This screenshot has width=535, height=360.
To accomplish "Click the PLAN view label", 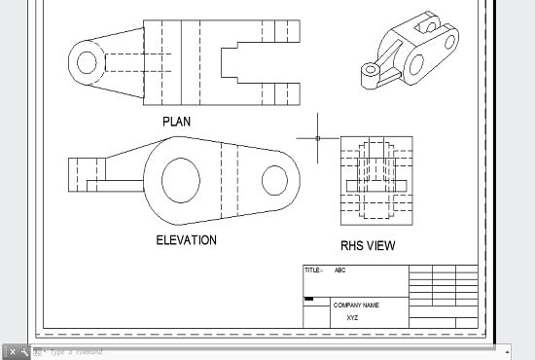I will (177, 122).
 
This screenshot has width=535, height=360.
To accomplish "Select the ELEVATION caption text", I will (187, 239).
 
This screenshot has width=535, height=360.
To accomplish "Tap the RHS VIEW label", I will (368, 245).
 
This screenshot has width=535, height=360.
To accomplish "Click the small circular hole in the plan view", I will (87, 63).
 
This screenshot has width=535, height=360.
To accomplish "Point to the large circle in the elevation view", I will (181, 180).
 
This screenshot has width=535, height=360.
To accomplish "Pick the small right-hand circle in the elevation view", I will (274, 179).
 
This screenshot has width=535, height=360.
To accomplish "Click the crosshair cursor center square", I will (318, 138).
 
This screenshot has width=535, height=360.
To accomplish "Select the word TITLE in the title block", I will (312, 270).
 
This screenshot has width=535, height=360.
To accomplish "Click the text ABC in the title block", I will (339, 270).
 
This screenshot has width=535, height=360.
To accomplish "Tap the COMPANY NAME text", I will (356, 305).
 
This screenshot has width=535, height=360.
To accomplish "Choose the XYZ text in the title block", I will (352, 317).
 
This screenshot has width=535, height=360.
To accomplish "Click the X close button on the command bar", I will (13, 351).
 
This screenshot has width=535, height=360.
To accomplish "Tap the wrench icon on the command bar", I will (24, 351).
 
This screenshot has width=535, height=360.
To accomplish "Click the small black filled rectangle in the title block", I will (309, 299).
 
